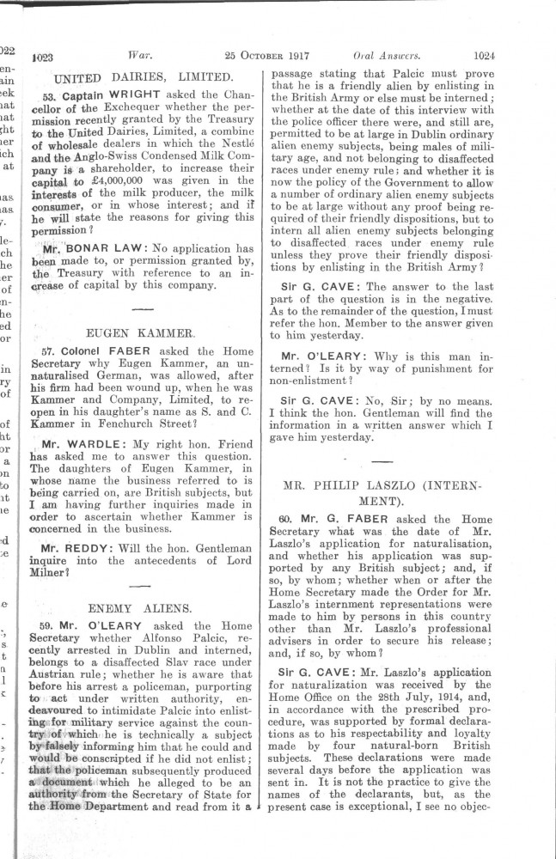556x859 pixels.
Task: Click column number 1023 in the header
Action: (42, 58)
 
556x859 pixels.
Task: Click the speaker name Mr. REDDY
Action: (78, 546)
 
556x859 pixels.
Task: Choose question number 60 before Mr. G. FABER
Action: (287, 520)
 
